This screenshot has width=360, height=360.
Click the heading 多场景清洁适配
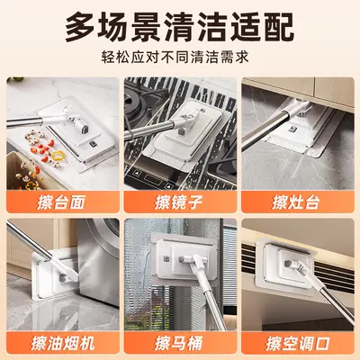pyautogui.click(x=179, y=27)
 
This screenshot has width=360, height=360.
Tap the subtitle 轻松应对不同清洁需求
pyautogui.click(x=175, y=57)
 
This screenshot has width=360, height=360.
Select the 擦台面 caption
pyautogui.click(x=62, y=202)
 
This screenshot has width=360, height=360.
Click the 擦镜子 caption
pyautogui.click(x=179, y=202)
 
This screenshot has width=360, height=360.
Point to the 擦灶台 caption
pyautogui.click(x=296, y=202)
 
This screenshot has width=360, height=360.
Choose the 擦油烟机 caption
pyautogui.click(x=63, y=343)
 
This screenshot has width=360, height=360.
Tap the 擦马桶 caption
pyautogui.click(x=179, y=343)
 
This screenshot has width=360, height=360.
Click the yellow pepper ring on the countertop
pyautogui.click(x=58, y=156)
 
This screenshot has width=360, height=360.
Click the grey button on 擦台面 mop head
pyautogui.click(x=93, y=144)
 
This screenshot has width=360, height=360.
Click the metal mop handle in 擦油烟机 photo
pyautogui.click(x=30, y=240)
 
